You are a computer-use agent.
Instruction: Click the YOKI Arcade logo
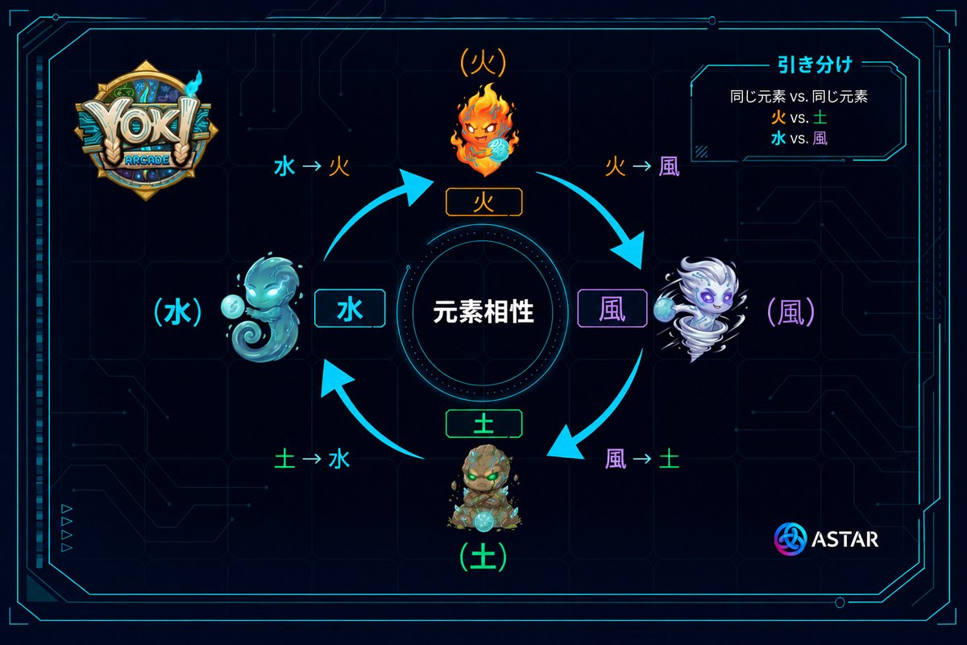[146, 130]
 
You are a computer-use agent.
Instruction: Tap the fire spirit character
[484, 130]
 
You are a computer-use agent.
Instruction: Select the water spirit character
[262, 308]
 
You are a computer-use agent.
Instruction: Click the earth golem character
[484, 488]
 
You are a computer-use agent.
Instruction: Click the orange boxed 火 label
[484, 202]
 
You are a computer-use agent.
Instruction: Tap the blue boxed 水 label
[350, 309]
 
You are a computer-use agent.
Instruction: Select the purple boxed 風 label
[612, 309]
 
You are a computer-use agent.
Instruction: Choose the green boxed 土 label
[484, 424]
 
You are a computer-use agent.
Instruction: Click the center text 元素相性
[483, 311]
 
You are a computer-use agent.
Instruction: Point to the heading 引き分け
[815, 64]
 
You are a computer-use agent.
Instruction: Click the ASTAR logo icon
[790, 539]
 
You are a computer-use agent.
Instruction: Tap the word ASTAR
[845, 539]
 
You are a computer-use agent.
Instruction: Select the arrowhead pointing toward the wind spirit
[629, 251]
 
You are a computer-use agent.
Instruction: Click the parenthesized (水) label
[178, 312]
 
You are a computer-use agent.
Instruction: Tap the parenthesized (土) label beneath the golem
[483, 557]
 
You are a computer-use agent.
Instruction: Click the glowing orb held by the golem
[483, 522]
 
